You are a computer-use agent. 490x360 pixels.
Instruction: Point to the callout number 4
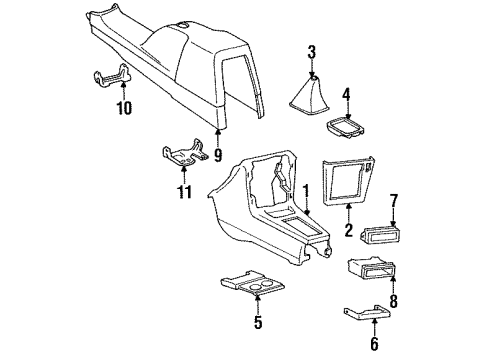(345, 97)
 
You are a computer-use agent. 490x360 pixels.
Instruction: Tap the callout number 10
(123, 107)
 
